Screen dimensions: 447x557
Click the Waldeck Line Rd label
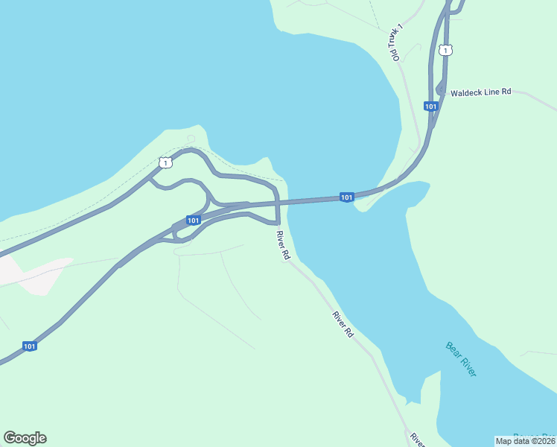[x=480, y=92]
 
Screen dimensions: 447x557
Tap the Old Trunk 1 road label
[x=395, y=42]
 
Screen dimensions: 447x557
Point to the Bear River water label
[x=461, y=359]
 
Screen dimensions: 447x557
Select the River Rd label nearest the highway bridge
[x=282, y=245]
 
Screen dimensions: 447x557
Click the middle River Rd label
[x=343, y=325]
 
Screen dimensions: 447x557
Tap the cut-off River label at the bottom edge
[x=417, y=440]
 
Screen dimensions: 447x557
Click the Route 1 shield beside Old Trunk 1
[x=445, y=50]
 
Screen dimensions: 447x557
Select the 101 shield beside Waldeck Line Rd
[x=430, y=107]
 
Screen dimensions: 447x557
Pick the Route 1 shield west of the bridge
[x=165, y=162]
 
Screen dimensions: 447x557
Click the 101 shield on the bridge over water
[x=346, y=197]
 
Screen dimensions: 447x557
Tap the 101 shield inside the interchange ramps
[x=193, y=221]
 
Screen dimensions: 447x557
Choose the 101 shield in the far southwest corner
[x=29, y=346]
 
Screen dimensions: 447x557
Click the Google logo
[x=25, y=438]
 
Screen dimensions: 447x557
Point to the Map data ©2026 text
[x=526, y=440]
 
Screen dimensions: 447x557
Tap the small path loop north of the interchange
[x=191, y=139]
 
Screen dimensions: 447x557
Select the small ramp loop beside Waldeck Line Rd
[x=439, y=89]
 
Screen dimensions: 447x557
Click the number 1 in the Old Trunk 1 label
[x=400, y=28]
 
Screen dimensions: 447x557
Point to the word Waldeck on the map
[x=466, y=92]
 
